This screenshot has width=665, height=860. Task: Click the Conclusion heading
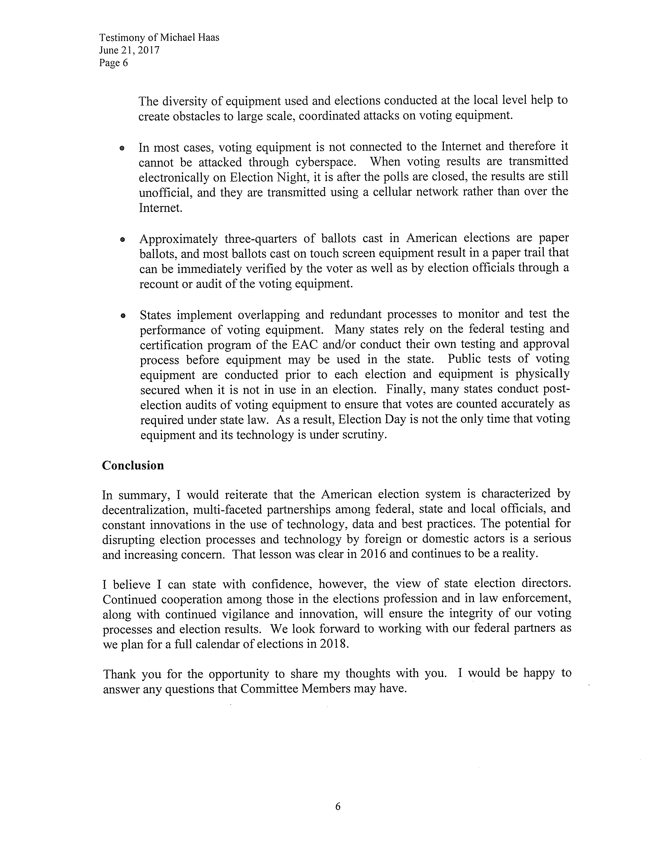point(133,465)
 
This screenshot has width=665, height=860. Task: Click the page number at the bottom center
point(338,807)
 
